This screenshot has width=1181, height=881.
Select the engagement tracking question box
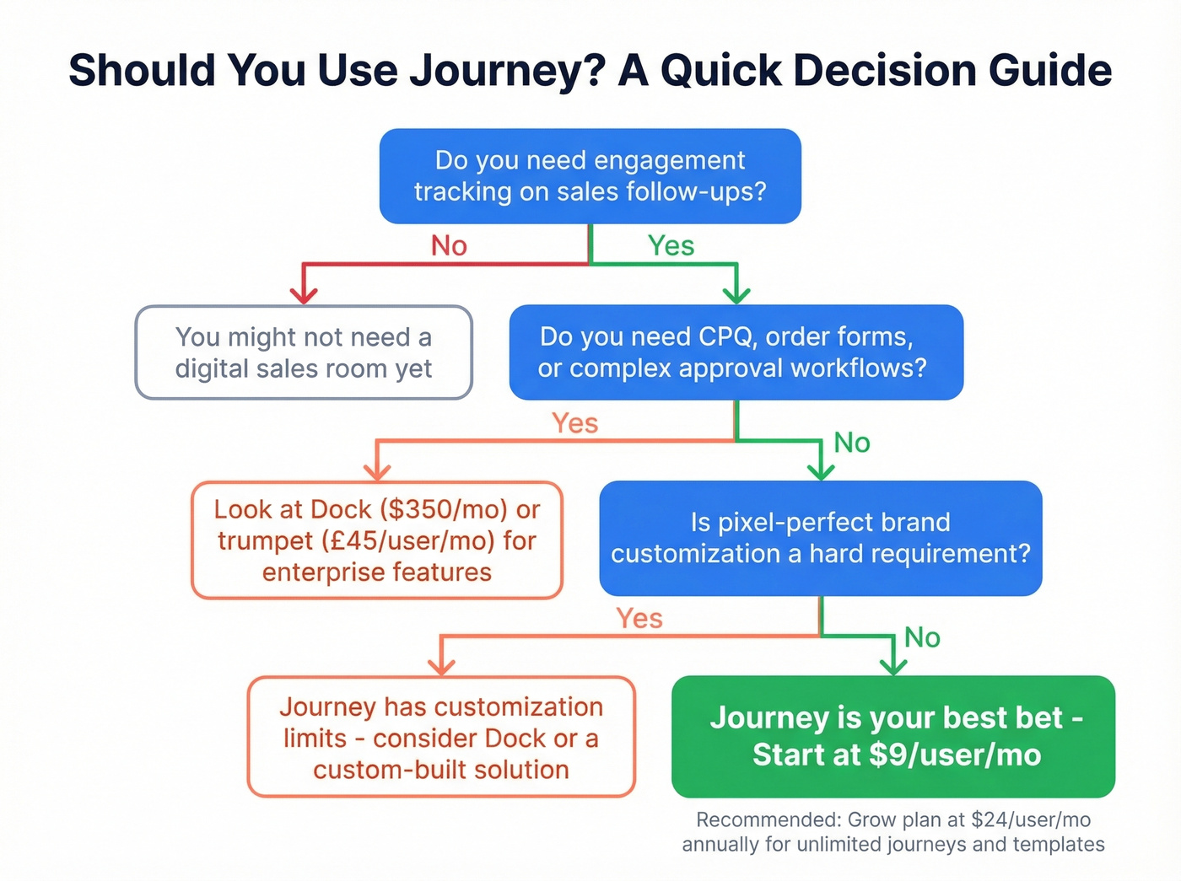click(x=590, y=176)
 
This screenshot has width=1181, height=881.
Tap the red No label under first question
click(x=449, y=246)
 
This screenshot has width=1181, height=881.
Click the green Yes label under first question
click(x=671, y=246)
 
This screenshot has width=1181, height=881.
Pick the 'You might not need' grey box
click(x=304, y=352)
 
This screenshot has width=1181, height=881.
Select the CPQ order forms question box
click(x=736, y=352)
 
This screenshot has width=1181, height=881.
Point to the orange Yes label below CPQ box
click(x=574, y=423)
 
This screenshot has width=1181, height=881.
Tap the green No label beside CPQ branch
click(x=851, y=443)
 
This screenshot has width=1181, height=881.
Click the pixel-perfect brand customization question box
click(x=820, y=538)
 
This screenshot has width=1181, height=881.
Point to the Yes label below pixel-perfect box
click(x=639, y=619)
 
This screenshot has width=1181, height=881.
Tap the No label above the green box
click(x=922, y=638)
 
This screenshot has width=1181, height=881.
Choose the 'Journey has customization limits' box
click(x=441, y=738)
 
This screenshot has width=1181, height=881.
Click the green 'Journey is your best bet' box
click(x=893, y=736)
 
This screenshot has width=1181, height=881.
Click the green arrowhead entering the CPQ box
click(x=736, y=294)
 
